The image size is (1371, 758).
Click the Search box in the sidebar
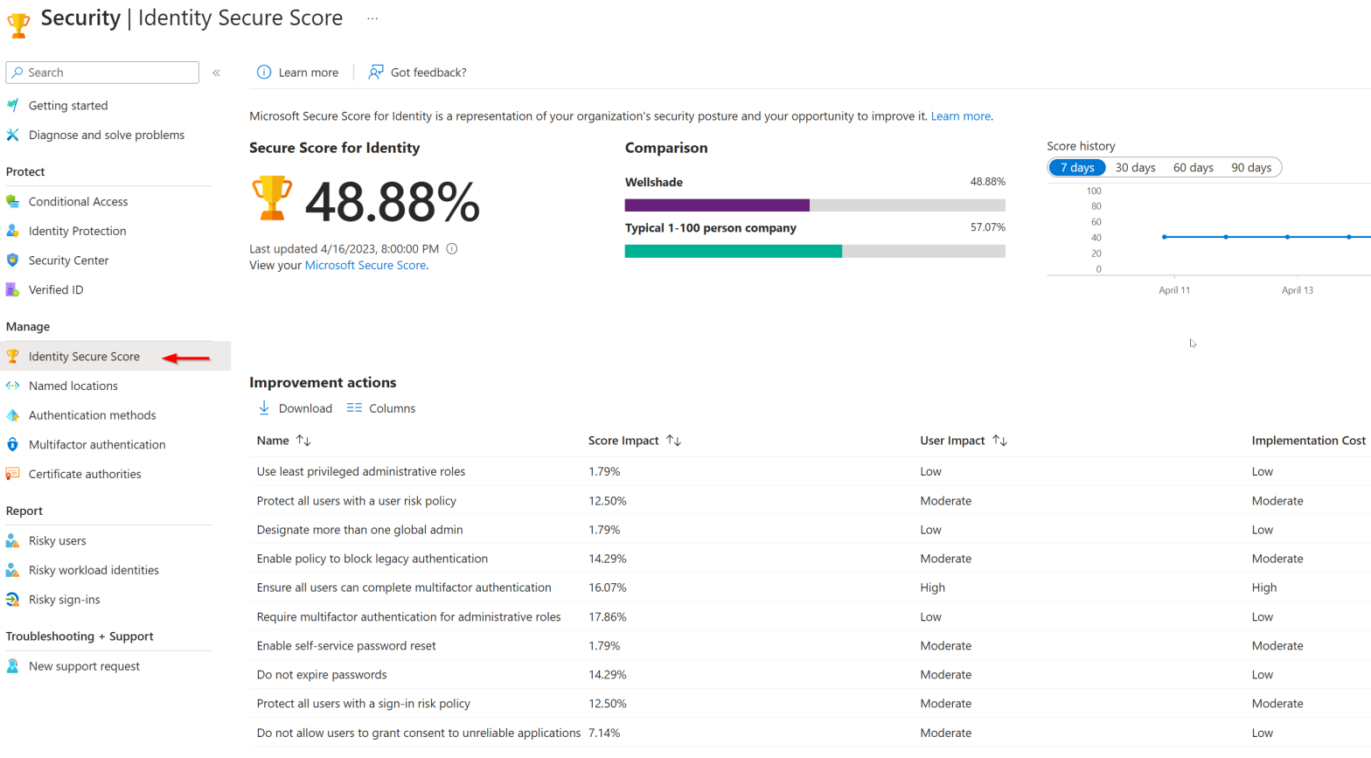[102, 73]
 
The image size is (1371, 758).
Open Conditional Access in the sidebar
[78, 201]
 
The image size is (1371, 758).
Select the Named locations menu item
[73, 386]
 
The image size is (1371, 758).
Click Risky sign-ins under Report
[64, 600]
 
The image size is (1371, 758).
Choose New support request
[84, 666]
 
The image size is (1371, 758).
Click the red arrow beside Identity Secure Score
[186, 358]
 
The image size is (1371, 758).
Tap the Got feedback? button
[417, 73]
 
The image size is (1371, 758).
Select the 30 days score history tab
[1135, 168]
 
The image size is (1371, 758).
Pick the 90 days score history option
[1250, 168]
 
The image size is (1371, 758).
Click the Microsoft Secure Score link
[365, 265]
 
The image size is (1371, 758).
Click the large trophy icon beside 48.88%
[272, 198]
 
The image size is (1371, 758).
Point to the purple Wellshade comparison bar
[717, 205]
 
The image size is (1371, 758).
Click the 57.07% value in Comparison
[987, 227]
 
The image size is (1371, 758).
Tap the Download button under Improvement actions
[295, 408]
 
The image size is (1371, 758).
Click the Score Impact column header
[623, 441]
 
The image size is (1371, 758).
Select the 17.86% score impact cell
[607, 616]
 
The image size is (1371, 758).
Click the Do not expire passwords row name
[322, 675]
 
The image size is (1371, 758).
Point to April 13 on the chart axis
[1297, 290]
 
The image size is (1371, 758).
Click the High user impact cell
[932, 588]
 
